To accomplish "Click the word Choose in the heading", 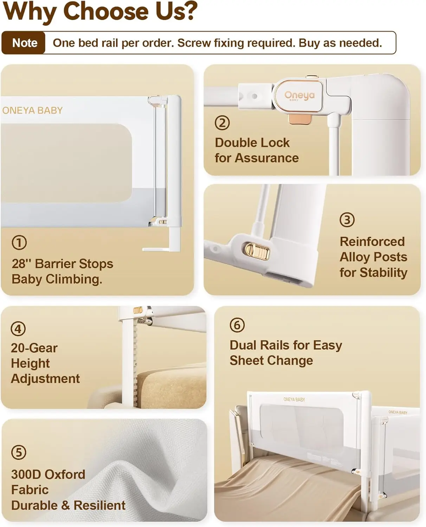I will (105, 11).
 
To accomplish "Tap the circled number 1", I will (19, 242).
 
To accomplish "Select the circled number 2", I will (222, 123).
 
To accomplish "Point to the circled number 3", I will (347, 220).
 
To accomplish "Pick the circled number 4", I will (18, 329).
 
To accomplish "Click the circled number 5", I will (19, 452).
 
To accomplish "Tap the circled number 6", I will (237, 325).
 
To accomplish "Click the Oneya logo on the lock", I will (299, 96).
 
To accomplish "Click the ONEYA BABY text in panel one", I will (32, 110).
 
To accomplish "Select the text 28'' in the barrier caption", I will (22, 263).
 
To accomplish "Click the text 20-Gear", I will (34, 348).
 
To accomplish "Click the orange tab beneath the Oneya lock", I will (300, 118).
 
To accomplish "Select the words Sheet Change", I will (271, 360).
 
